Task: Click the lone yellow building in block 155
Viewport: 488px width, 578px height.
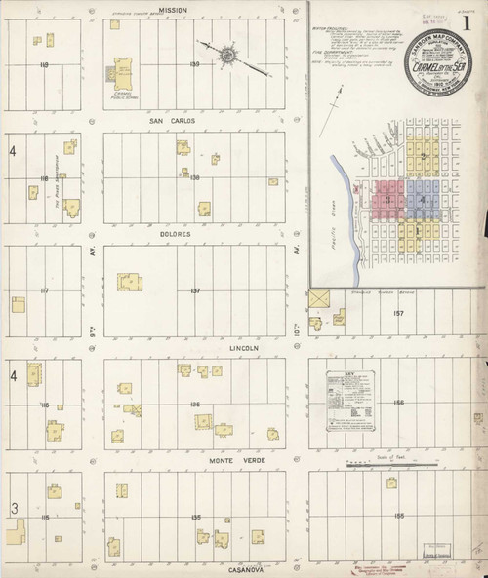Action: click(391, 482)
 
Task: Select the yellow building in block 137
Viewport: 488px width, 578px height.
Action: click(128, 283)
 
